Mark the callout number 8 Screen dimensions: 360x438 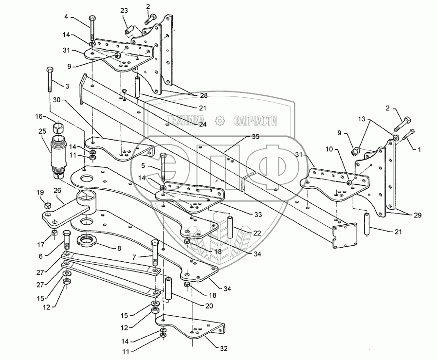[118, 249]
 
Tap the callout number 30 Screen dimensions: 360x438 [56, 100]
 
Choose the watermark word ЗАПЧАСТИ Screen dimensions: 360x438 [255, 119]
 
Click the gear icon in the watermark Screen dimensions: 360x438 [220, 119]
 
